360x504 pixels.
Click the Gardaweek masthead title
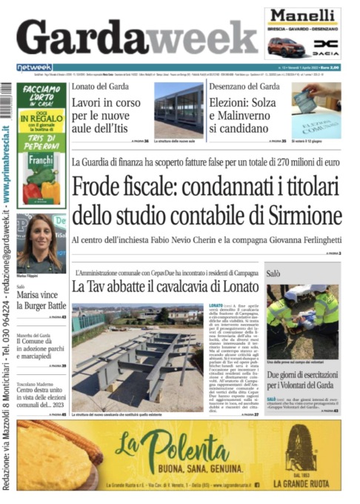[130, 35]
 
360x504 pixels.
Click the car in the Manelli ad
[286, 46]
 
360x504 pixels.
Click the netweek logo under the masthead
[34, 67]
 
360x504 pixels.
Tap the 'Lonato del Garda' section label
[100, 87]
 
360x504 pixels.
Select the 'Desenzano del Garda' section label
[244, 87]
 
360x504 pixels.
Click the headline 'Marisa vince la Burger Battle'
[41, 299]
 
